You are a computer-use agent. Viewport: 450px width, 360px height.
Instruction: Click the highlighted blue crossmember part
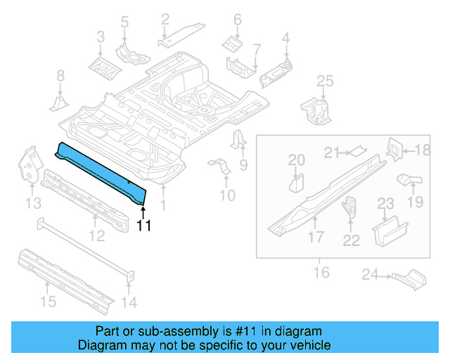[x=102, y=169]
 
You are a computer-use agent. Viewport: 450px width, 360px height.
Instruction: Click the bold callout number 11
[x=143, y=226]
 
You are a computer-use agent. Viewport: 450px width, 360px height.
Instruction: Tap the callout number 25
[x=323, y=82]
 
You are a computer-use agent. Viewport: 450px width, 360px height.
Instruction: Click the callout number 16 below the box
[x=321, y=271]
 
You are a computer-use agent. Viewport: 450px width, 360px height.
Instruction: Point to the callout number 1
[x=164, y=206]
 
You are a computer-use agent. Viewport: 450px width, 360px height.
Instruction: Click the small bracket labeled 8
[x=58, y=103]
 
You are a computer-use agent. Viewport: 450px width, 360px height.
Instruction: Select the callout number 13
[x=33, y=203]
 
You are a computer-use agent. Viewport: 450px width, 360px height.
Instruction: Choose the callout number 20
[x=297, y=160]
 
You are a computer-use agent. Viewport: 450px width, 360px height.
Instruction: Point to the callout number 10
[x=226, y=194]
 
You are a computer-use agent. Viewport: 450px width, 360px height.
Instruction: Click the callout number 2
[x=165, y=19]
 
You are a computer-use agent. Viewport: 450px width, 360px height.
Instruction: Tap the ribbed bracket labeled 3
[x=101, y=66]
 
